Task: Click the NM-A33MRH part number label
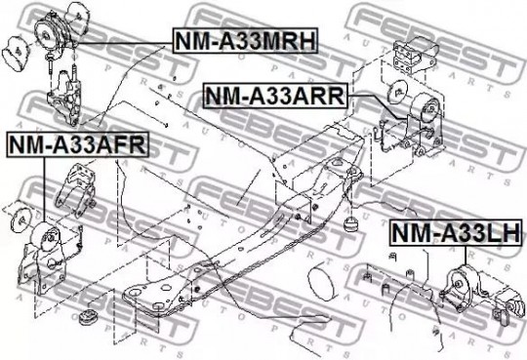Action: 245,40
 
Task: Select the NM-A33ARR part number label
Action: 275,96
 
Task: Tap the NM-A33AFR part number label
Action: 78,144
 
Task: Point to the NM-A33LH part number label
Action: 457,232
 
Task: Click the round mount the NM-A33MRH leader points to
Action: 52,33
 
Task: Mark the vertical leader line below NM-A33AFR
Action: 44,190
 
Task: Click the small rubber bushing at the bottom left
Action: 88,316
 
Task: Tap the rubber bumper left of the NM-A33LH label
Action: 350,223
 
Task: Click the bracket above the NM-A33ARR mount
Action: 416,56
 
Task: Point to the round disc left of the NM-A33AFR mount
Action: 20,220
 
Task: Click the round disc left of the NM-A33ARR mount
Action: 397,91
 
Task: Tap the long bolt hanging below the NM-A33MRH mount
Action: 50,65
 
